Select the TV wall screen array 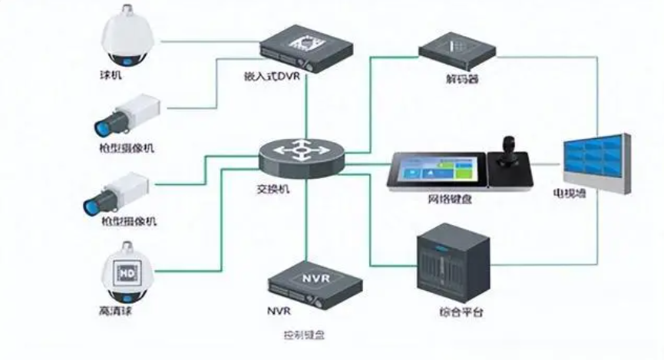[596, 164]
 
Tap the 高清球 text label [115, 312]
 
